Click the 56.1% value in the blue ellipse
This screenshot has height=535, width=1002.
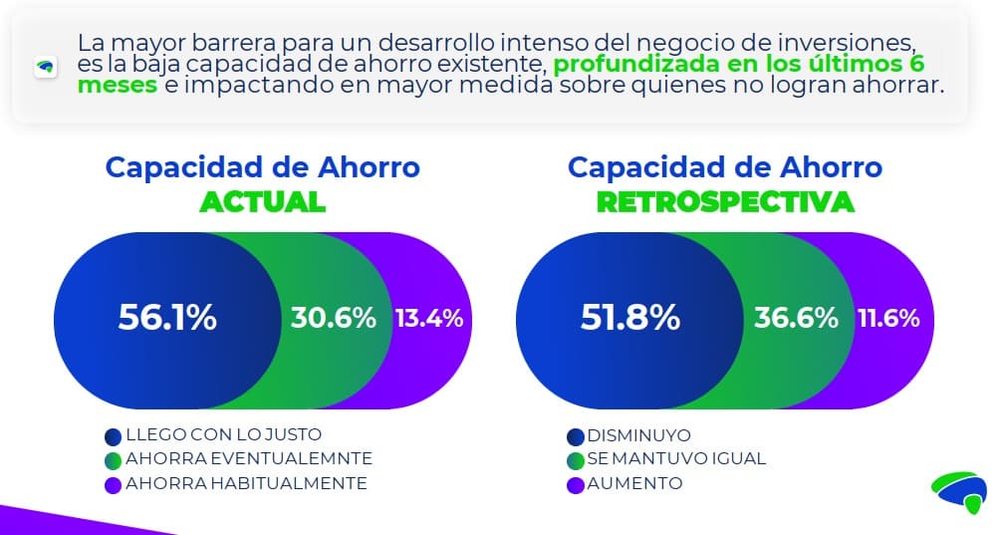tap(167, 318)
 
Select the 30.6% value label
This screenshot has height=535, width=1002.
tap(333, 318)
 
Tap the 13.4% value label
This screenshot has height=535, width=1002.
tap(428, 319)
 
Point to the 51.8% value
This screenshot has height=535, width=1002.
tap(629, 318)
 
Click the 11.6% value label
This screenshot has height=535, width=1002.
tap(888, 319)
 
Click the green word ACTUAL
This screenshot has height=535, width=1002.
tap(262, 201)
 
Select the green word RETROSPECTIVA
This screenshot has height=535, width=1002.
tap(724, 201)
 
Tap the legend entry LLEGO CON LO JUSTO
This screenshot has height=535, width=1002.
tap(223, 435)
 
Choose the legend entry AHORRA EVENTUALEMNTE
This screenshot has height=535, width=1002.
tap(248, 459)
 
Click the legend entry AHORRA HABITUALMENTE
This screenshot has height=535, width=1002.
tap(245, 483)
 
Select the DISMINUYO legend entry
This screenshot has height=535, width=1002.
tap(638, 435)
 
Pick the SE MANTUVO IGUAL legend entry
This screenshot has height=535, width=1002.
tap(676, 459)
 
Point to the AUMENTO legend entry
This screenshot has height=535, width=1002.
tap(634, 483)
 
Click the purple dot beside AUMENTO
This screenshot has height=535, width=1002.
tap(575, 485)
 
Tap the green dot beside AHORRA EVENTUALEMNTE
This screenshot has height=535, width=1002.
tap(113, 461)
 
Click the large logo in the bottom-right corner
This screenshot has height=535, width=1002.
tap(958, 490)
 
